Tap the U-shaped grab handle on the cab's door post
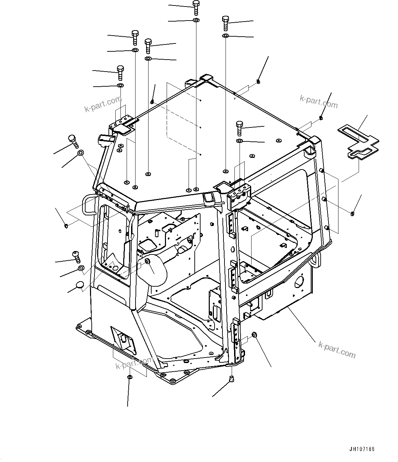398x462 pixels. (88, 204)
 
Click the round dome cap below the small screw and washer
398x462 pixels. (79, 285)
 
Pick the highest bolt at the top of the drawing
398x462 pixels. (196, 7)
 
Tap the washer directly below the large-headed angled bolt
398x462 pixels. (81, 153)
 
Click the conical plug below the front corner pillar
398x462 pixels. (232, 379)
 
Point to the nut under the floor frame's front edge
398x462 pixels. (130, 377)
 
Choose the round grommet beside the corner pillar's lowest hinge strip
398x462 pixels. (254, 334)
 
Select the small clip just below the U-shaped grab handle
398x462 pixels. (66, 225)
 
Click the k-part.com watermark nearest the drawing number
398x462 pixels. (337, 349)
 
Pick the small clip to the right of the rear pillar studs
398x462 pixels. (352, 214)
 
